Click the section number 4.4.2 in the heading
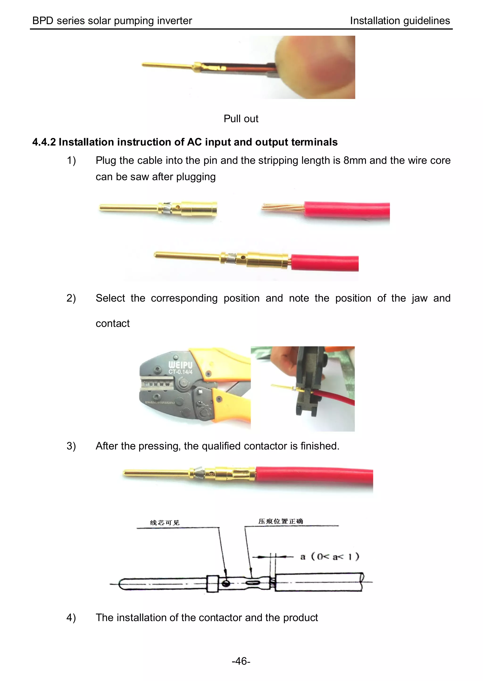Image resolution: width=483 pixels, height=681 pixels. tap(44, 142)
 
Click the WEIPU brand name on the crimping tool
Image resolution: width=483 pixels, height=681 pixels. tap(180, 365)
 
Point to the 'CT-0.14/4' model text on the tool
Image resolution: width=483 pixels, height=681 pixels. tap(180, 372)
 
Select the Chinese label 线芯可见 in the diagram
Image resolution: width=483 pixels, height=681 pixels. tap(164, 523)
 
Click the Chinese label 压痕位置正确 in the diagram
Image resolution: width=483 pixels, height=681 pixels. tap(280, 521)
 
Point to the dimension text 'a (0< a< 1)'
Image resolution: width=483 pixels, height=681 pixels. tap(329, 557)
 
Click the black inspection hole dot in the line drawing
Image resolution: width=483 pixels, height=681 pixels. tap(226, 584)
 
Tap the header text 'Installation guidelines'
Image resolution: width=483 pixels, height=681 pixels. tap(400, 21)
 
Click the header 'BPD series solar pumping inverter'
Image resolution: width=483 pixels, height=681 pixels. tap(112, 21)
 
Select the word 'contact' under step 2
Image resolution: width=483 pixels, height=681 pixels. tap(112, 324)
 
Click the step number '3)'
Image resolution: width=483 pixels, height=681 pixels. tap(71, 446)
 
